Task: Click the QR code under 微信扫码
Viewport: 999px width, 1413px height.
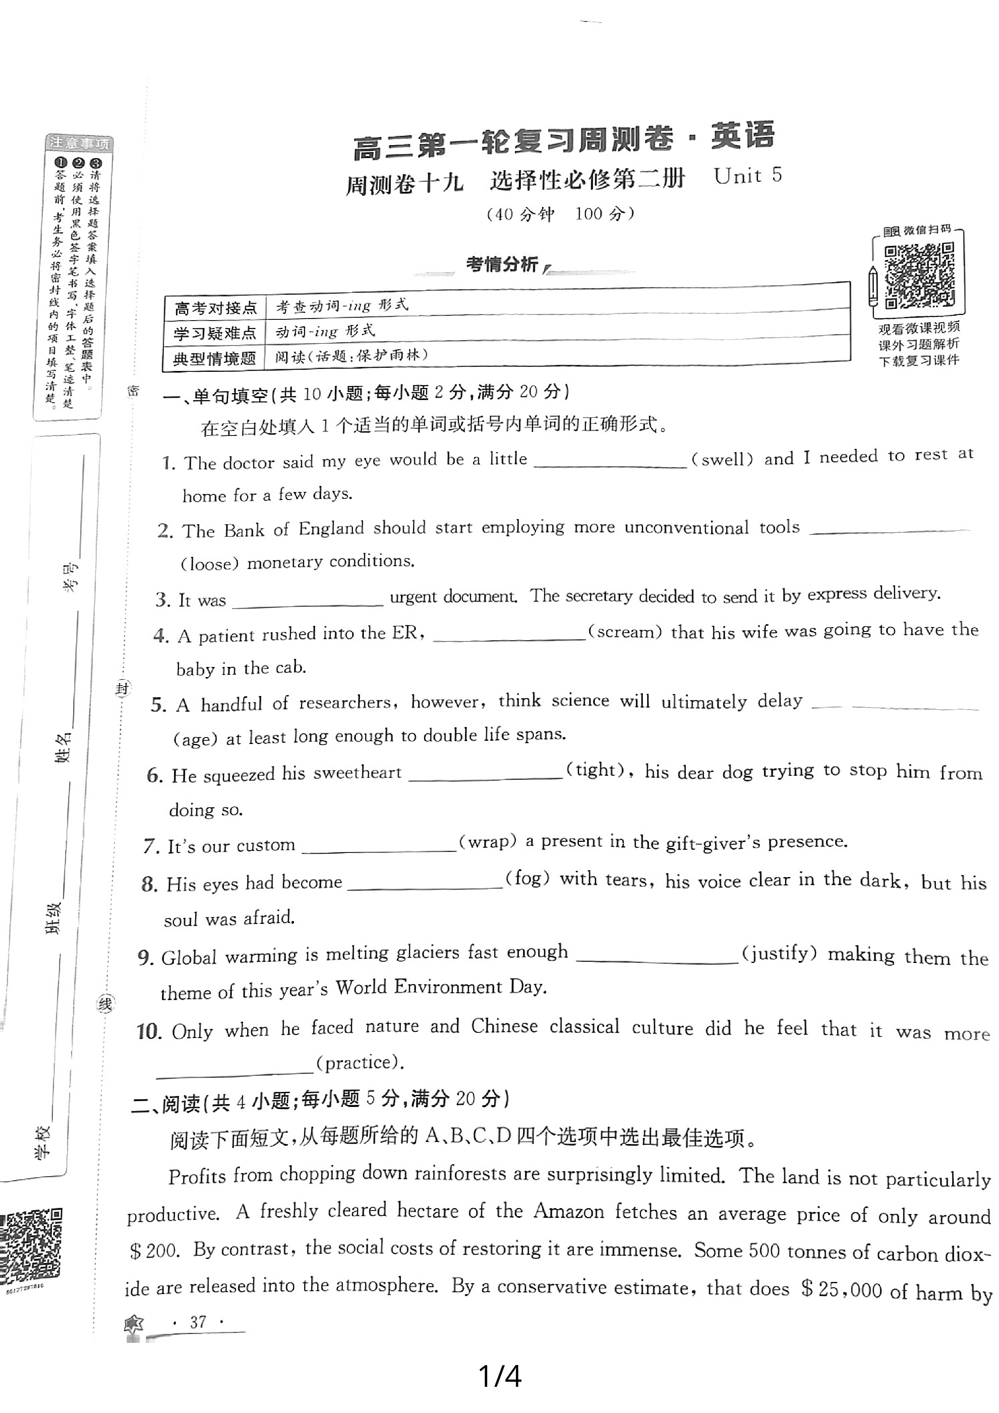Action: tap(919, 275)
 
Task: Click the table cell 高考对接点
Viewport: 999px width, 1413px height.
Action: tap(215, 308)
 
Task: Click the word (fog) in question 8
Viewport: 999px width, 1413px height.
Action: tap(527, 878)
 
